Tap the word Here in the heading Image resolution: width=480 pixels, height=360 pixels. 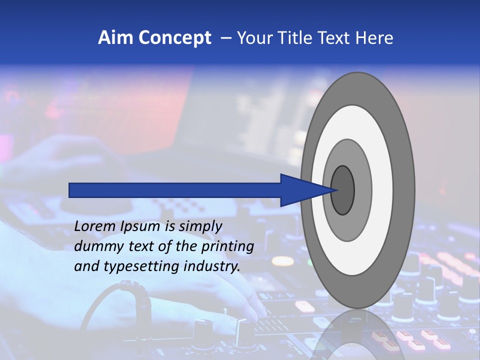[374, 38]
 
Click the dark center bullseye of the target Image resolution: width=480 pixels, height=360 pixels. [342, 190]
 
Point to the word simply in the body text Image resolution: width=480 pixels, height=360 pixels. [200, 227]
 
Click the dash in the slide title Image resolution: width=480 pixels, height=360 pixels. [226, 38]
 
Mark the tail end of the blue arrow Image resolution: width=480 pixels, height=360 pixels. [70, 190]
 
